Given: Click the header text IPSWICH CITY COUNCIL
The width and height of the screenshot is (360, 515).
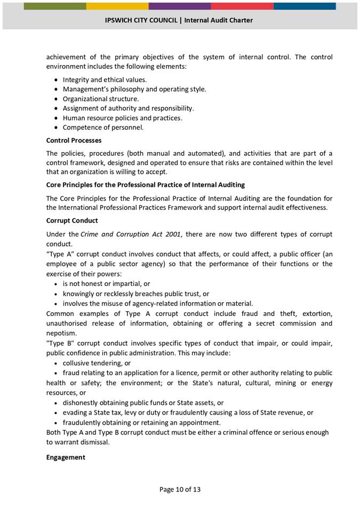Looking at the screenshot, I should coord(141,20).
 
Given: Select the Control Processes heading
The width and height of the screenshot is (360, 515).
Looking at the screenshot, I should coord(74,140).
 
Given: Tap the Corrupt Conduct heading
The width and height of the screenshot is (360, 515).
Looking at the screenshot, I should coord(72,220).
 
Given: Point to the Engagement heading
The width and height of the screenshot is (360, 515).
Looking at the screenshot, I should coord(66,457).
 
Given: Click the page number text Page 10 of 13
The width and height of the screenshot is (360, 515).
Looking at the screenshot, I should coord(180,489).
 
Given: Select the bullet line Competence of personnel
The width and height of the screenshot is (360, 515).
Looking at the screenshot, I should coord(103,128).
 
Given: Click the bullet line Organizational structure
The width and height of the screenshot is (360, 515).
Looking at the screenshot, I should coord(101,99).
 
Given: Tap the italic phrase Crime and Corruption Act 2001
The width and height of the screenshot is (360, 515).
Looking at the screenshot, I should coord(130,234).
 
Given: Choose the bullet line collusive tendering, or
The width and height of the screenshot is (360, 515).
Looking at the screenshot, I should coord(97,363).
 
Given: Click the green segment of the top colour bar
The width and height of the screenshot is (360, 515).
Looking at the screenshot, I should coord(55,6).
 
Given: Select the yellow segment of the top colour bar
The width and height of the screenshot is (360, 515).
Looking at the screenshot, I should coord(117,6).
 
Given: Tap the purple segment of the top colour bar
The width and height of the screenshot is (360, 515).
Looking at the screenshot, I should coord(180,6).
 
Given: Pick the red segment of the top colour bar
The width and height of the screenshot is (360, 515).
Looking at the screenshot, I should coord(242,6).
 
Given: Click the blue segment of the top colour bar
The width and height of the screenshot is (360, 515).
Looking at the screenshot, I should coord(305,6).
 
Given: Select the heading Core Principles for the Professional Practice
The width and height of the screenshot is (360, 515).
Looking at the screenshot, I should coord(146,185).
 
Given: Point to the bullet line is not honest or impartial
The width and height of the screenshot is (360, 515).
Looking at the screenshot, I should coord(106,284).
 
